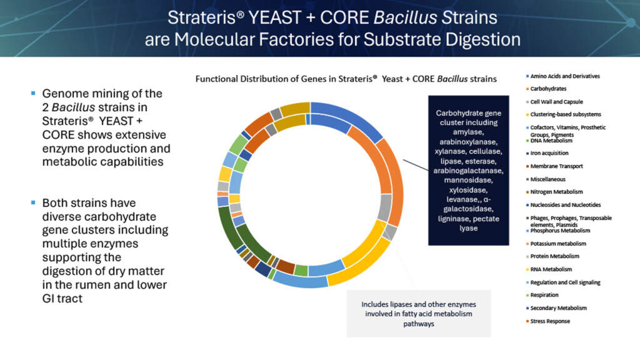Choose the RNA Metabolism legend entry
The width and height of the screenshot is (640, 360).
coord(551,269)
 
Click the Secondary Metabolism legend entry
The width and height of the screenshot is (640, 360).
coord(558,308)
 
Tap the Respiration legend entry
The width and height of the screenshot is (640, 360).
coord(544,295)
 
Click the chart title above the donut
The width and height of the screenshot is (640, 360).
coord(346,79)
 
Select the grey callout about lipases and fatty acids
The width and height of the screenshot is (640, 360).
coord(418,312)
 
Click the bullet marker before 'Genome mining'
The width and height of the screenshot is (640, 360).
coord(33,94)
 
